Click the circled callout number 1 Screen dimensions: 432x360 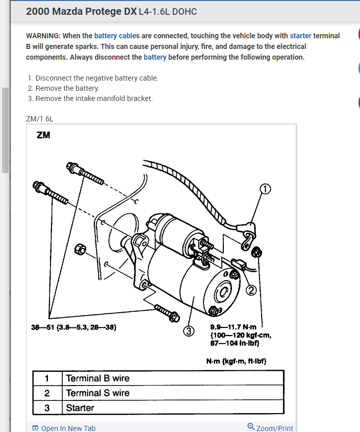(x=265, y=190)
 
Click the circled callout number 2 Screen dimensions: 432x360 (x=251, y=290)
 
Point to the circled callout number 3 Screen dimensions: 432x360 (x=189, y=332)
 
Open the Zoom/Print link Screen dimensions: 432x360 (x=274, y=428)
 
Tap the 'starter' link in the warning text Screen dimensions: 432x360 (x=300, y=36)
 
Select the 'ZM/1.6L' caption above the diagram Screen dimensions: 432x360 (x=39, y=119)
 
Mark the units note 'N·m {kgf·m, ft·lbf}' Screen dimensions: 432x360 (x=236, y=362)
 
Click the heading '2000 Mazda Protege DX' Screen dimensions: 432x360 (x=81, y=11)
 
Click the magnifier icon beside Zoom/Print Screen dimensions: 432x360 (x=251, y=426)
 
